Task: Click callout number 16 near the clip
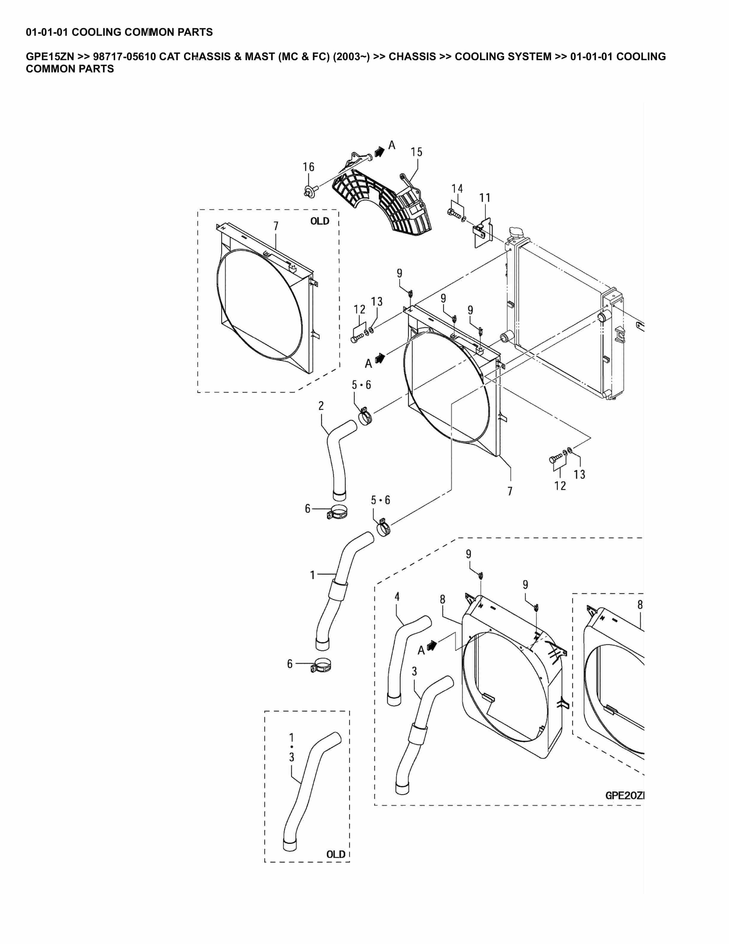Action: (x=308, y=167)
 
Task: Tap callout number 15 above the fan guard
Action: (x=416, y=152)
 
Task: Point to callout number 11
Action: (x=485, y=198)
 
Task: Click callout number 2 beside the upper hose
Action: (x=321, y=406)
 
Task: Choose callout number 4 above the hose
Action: (x=397, y=597)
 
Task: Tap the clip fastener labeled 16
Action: (x=309, y=191)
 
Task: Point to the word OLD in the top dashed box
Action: (x=320, y=221)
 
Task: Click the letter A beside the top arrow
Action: (x=392, y=145)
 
